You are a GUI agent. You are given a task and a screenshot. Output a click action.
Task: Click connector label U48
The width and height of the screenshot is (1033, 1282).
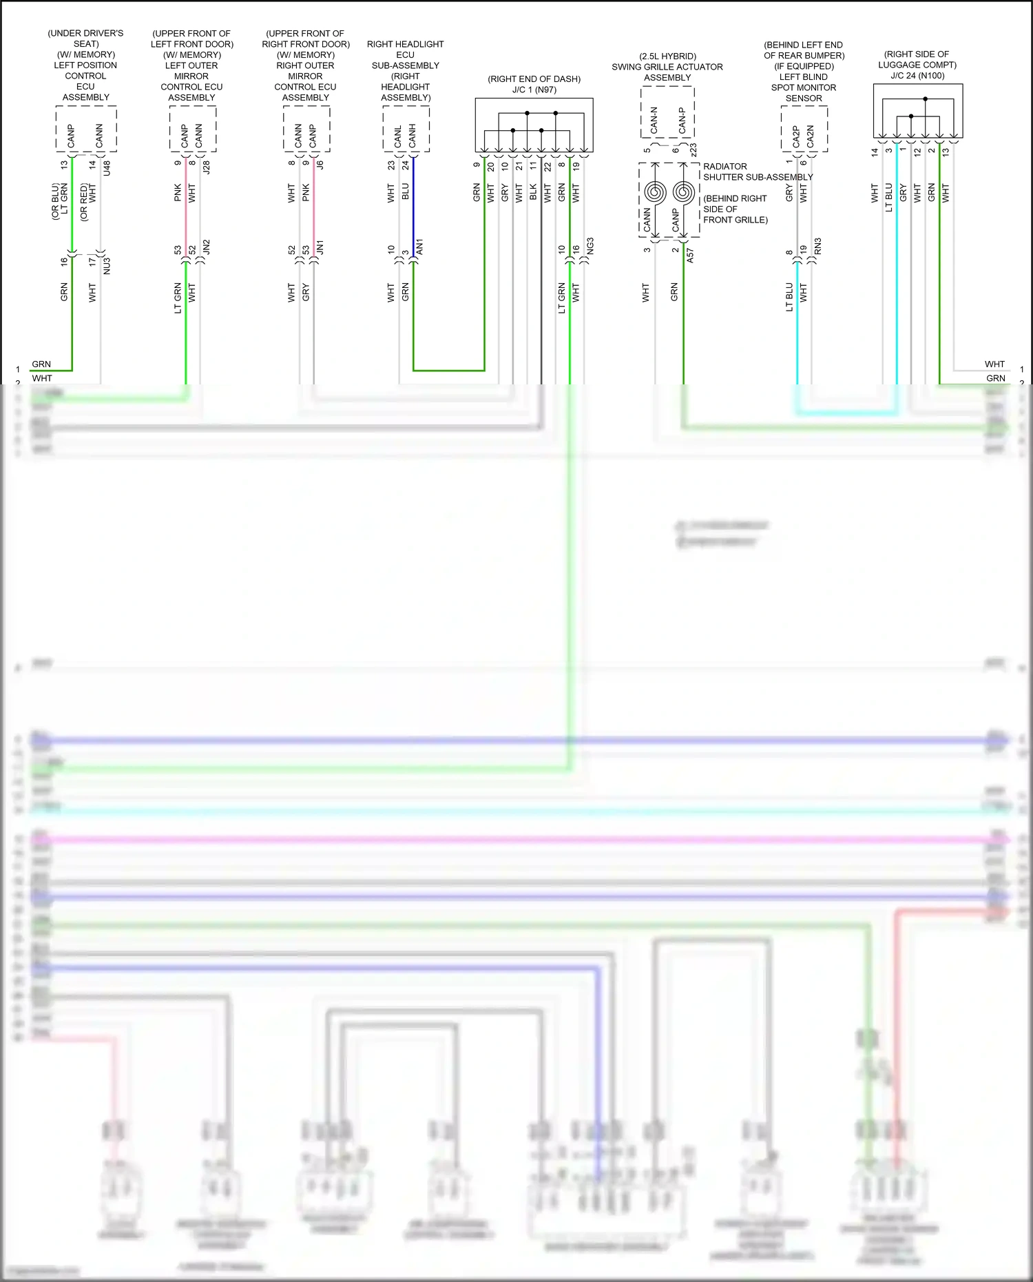pos(107,167)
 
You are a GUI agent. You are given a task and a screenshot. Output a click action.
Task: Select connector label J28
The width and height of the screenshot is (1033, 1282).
pos(207,167)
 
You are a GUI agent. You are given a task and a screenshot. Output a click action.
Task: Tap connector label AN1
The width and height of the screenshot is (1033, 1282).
pos(420,247)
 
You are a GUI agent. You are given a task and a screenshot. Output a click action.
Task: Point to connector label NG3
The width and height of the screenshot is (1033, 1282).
pos(590,246)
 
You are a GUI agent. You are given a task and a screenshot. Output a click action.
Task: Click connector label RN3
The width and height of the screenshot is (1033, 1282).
pos(818,246)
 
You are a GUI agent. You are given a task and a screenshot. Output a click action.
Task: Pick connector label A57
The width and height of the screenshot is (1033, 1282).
pos(690,256)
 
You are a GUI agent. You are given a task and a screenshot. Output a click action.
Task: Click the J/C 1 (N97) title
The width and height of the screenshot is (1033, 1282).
pos(534,90)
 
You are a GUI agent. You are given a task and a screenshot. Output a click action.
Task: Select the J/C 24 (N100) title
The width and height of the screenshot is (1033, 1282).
pos(917,76)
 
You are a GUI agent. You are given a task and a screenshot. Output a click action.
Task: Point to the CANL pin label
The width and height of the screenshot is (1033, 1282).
pos(398,136)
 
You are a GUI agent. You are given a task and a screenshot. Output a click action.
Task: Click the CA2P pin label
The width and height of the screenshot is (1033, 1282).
pos(796,136)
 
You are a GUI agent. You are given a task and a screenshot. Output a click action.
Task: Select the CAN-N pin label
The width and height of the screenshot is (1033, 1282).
pos(654,120)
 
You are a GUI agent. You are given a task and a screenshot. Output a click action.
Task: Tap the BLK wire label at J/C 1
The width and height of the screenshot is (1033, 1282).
pos(533,192)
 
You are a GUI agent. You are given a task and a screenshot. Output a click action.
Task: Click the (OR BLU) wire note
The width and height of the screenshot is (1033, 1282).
pos(56,202)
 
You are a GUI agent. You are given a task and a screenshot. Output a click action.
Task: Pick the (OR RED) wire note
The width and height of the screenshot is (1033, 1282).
pos(84,202)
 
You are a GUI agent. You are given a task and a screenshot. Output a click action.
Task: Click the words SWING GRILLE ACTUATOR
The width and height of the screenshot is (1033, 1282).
pos(667,67)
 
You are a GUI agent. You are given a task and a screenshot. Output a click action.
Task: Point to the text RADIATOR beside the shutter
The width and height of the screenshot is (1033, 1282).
pos(724,167)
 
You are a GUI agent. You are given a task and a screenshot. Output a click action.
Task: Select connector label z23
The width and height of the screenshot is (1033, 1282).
pos(693,149)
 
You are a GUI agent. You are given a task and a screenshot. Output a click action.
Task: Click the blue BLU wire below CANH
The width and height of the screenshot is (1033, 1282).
pos(413,207)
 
